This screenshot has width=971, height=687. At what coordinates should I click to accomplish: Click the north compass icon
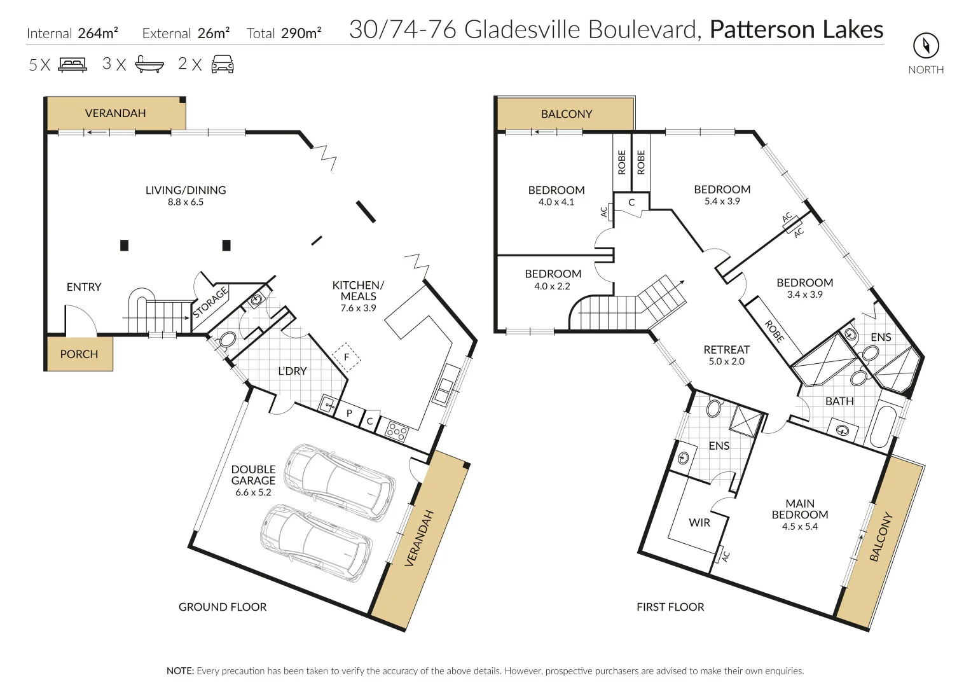[x=926, y=46]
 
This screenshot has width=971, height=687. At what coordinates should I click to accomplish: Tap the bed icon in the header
[x=72, y=64]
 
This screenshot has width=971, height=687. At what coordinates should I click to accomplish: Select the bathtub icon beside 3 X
[x=149, y=64]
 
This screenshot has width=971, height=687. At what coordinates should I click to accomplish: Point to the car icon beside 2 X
[x=222, y=64]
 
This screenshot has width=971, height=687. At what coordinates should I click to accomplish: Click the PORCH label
[x=79, y=354]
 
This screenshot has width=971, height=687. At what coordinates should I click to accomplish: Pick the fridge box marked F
[x=347, y=357]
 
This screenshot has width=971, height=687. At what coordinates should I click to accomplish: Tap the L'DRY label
[x=293, y=371]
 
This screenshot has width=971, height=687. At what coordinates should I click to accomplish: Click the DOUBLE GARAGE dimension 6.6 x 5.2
[x=253, y=492]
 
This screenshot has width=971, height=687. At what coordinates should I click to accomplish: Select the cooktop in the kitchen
[x=397, y=432]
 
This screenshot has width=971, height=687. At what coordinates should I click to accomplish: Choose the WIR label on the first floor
[x=699, y=522]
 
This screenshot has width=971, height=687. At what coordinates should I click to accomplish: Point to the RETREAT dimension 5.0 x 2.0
[x=726, y=361]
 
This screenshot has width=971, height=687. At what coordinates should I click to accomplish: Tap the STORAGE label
[x=210, y=303]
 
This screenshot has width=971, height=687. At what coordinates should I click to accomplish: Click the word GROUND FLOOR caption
[x=223, y=607]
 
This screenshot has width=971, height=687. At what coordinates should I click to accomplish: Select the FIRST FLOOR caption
[x=670, y=607]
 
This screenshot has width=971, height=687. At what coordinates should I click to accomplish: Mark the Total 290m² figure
[x=284, y=33]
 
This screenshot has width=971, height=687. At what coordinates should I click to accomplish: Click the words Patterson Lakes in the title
[x=796, y=30]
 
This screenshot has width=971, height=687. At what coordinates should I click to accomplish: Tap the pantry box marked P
[x=349, y=413]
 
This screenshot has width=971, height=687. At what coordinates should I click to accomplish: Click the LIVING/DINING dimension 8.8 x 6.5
[x=186, y=202]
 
